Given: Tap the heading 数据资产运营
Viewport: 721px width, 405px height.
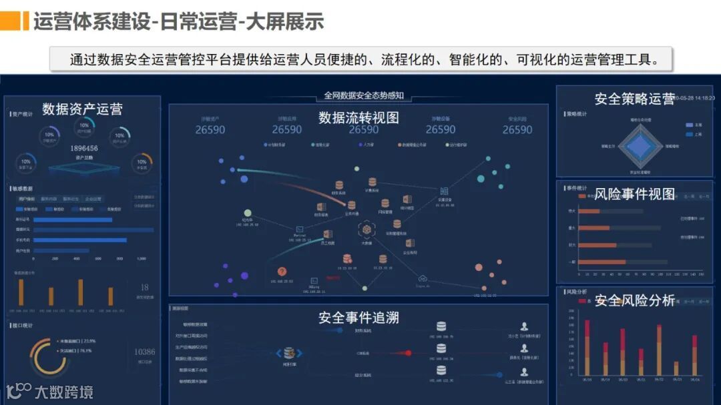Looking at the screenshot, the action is point(82,109).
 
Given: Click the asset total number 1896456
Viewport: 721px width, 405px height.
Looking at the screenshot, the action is point(83,148).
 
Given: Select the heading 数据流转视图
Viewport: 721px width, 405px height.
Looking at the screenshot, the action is point(358,117).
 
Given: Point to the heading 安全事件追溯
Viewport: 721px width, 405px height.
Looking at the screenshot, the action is point(358,318).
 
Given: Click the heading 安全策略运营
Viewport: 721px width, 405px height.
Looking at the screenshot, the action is point(634,99).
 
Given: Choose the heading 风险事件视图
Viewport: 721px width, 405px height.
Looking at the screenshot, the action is point(634,194).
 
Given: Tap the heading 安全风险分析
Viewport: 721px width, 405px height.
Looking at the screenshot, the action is point(634,300).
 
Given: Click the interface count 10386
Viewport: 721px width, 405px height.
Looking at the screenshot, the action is point(144,352).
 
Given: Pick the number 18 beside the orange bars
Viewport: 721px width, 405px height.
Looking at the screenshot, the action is point(144,287).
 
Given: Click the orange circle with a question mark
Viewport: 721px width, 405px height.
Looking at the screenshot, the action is point(282,272).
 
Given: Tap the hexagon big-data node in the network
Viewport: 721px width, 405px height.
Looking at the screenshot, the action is point(366,230).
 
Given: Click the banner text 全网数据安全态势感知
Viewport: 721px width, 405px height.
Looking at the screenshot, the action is point(364,95).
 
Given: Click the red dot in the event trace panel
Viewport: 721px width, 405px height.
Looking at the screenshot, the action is point(409,353).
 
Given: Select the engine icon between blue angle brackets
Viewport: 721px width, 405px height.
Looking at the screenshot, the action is point(289,353).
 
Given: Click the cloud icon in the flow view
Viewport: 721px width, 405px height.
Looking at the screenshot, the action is point(422,278).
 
